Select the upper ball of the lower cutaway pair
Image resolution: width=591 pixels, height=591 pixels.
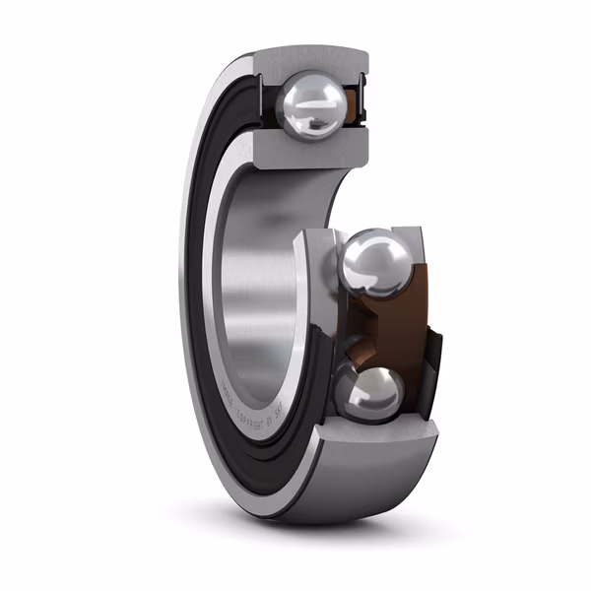pos(377,261)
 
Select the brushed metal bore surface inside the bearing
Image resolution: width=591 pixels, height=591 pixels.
pos(261,286)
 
